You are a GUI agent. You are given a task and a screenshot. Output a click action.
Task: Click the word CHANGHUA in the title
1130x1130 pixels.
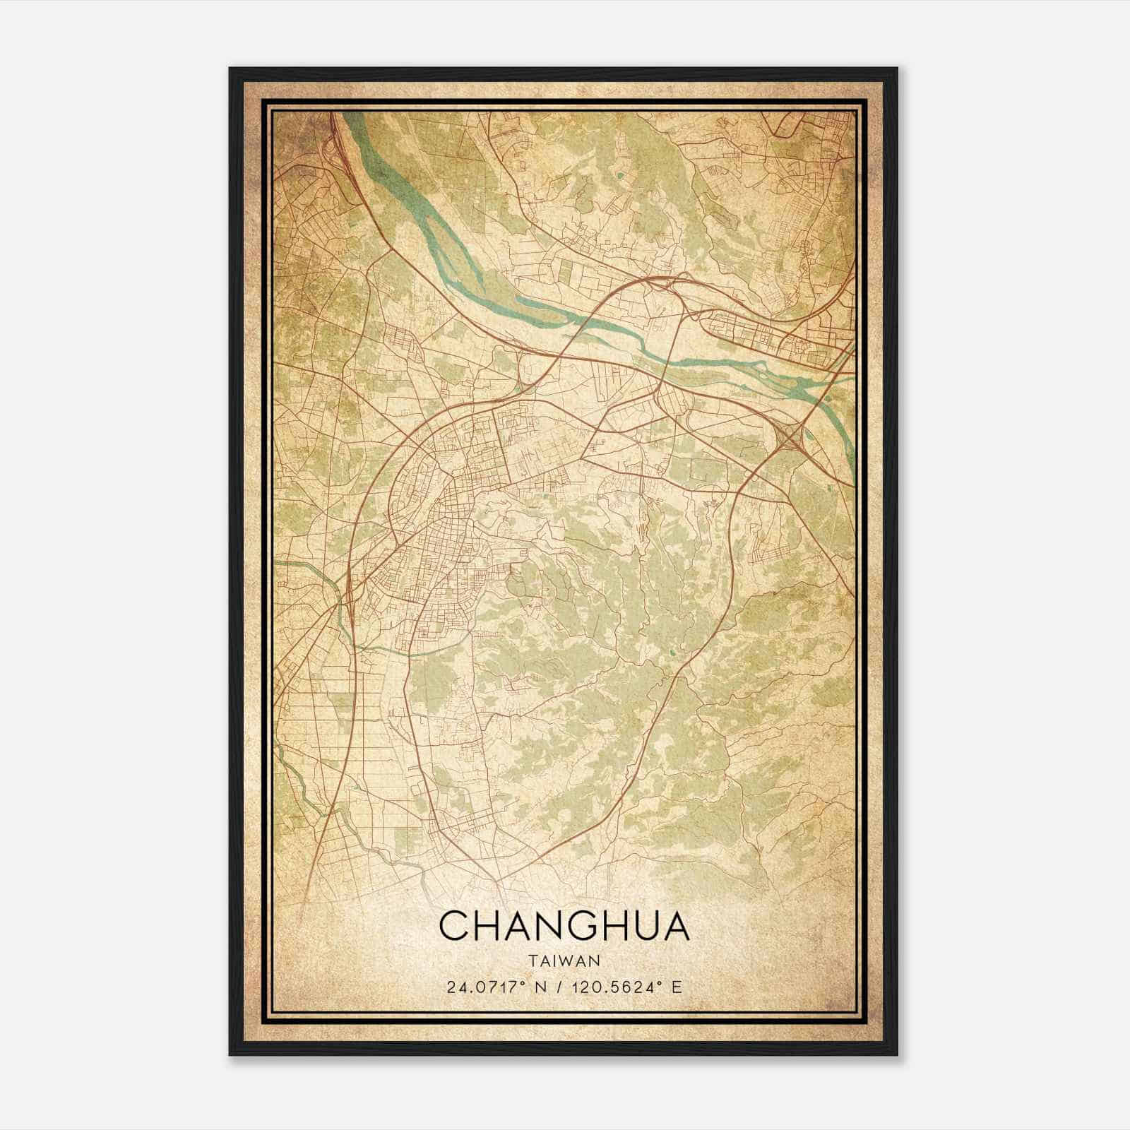564,926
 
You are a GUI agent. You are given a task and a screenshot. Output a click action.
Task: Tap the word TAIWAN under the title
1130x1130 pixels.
564,961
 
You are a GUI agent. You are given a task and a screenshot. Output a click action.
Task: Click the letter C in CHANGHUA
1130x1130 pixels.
454,926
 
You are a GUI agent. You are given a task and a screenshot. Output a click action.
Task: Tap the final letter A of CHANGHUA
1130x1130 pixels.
674,926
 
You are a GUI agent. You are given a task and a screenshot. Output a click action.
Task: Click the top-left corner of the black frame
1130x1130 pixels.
230,69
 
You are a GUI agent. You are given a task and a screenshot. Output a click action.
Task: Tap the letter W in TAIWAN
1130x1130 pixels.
569,961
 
